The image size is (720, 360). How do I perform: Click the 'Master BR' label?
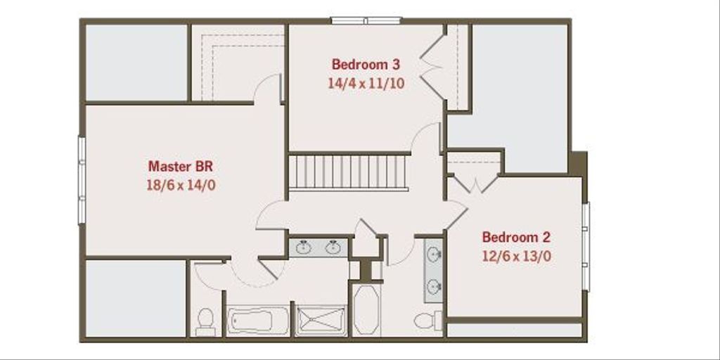click(180, 167)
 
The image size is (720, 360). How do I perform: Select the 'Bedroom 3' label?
click(366, 65)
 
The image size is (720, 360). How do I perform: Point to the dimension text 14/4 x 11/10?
click(366, 82)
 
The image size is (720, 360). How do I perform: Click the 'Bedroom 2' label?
click(516, 237)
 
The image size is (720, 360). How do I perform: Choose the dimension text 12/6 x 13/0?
click(516, 256)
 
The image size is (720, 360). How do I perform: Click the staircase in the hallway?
click(349, 172)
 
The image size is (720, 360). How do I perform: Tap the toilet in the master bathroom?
click(205, 320)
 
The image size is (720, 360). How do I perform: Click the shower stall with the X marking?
click(320, 321)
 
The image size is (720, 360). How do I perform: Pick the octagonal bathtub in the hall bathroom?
click(366, 309)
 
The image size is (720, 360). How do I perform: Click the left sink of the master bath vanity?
click(304, 247)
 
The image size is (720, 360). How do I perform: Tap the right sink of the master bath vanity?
click(333, 247)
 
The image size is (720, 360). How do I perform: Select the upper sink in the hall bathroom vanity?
click(434, 255)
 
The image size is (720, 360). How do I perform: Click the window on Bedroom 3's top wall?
click(366, 20)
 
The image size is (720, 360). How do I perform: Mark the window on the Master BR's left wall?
click(82, 180)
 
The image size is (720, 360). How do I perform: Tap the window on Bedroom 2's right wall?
click(586, 246)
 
